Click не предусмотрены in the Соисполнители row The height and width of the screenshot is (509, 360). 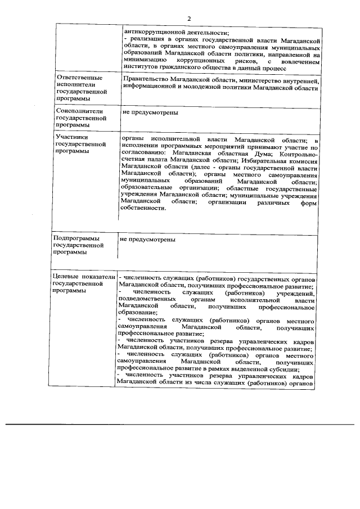click(x=150, y=112)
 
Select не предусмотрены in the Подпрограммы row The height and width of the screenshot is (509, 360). click(x=147, y=240)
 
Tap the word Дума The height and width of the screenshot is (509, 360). click(x=264, y=154)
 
